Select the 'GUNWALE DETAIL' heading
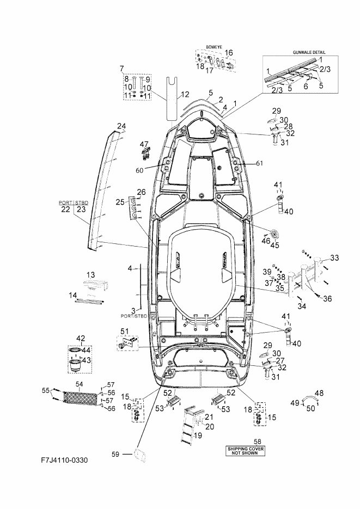(x=309, y=52)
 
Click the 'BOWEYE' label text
(x=214, y=47)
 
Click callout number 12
(x=185, y=95)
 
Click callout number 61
(x=259, y=163)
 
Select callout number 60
(x=139, y=170)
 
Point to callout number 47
(x=144, y=144)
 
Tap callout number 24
(x=121, y=126)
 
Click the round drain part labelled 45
(x=275, y=234)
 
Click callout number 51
(x=125, y=331)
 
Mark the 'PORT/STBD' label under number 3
(x=134, y=316)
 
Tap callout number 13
(x=90, y=275)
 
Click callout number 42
(x=81, y=338)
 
